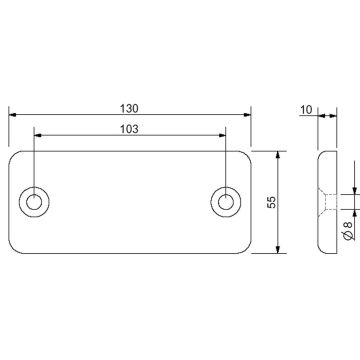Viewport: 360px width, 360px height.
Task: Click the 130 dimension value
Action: [129, 108]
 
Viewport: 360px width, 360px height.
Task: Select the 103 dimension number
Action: [129, 129]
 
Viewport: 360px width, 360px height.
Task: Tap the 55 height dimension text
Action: [272, 202]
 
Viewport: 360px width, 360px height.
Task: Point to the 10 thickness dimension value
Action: [306, 109]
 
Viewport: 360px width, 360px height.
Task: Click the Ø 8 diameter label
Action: [348, 231]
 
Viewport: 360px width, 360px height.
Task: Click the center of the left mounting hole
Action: [34, 202]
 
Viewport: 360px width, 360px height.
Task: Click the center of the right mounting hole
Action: [226, 202]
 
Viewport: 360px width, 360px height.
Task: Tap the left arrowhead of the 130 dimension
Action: [13, 115]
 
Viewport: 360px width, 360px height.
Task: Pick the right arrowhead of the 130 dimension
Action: [247, 115]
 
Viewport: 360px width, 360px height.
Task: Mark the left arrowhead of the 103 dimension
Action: [38, 135]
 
